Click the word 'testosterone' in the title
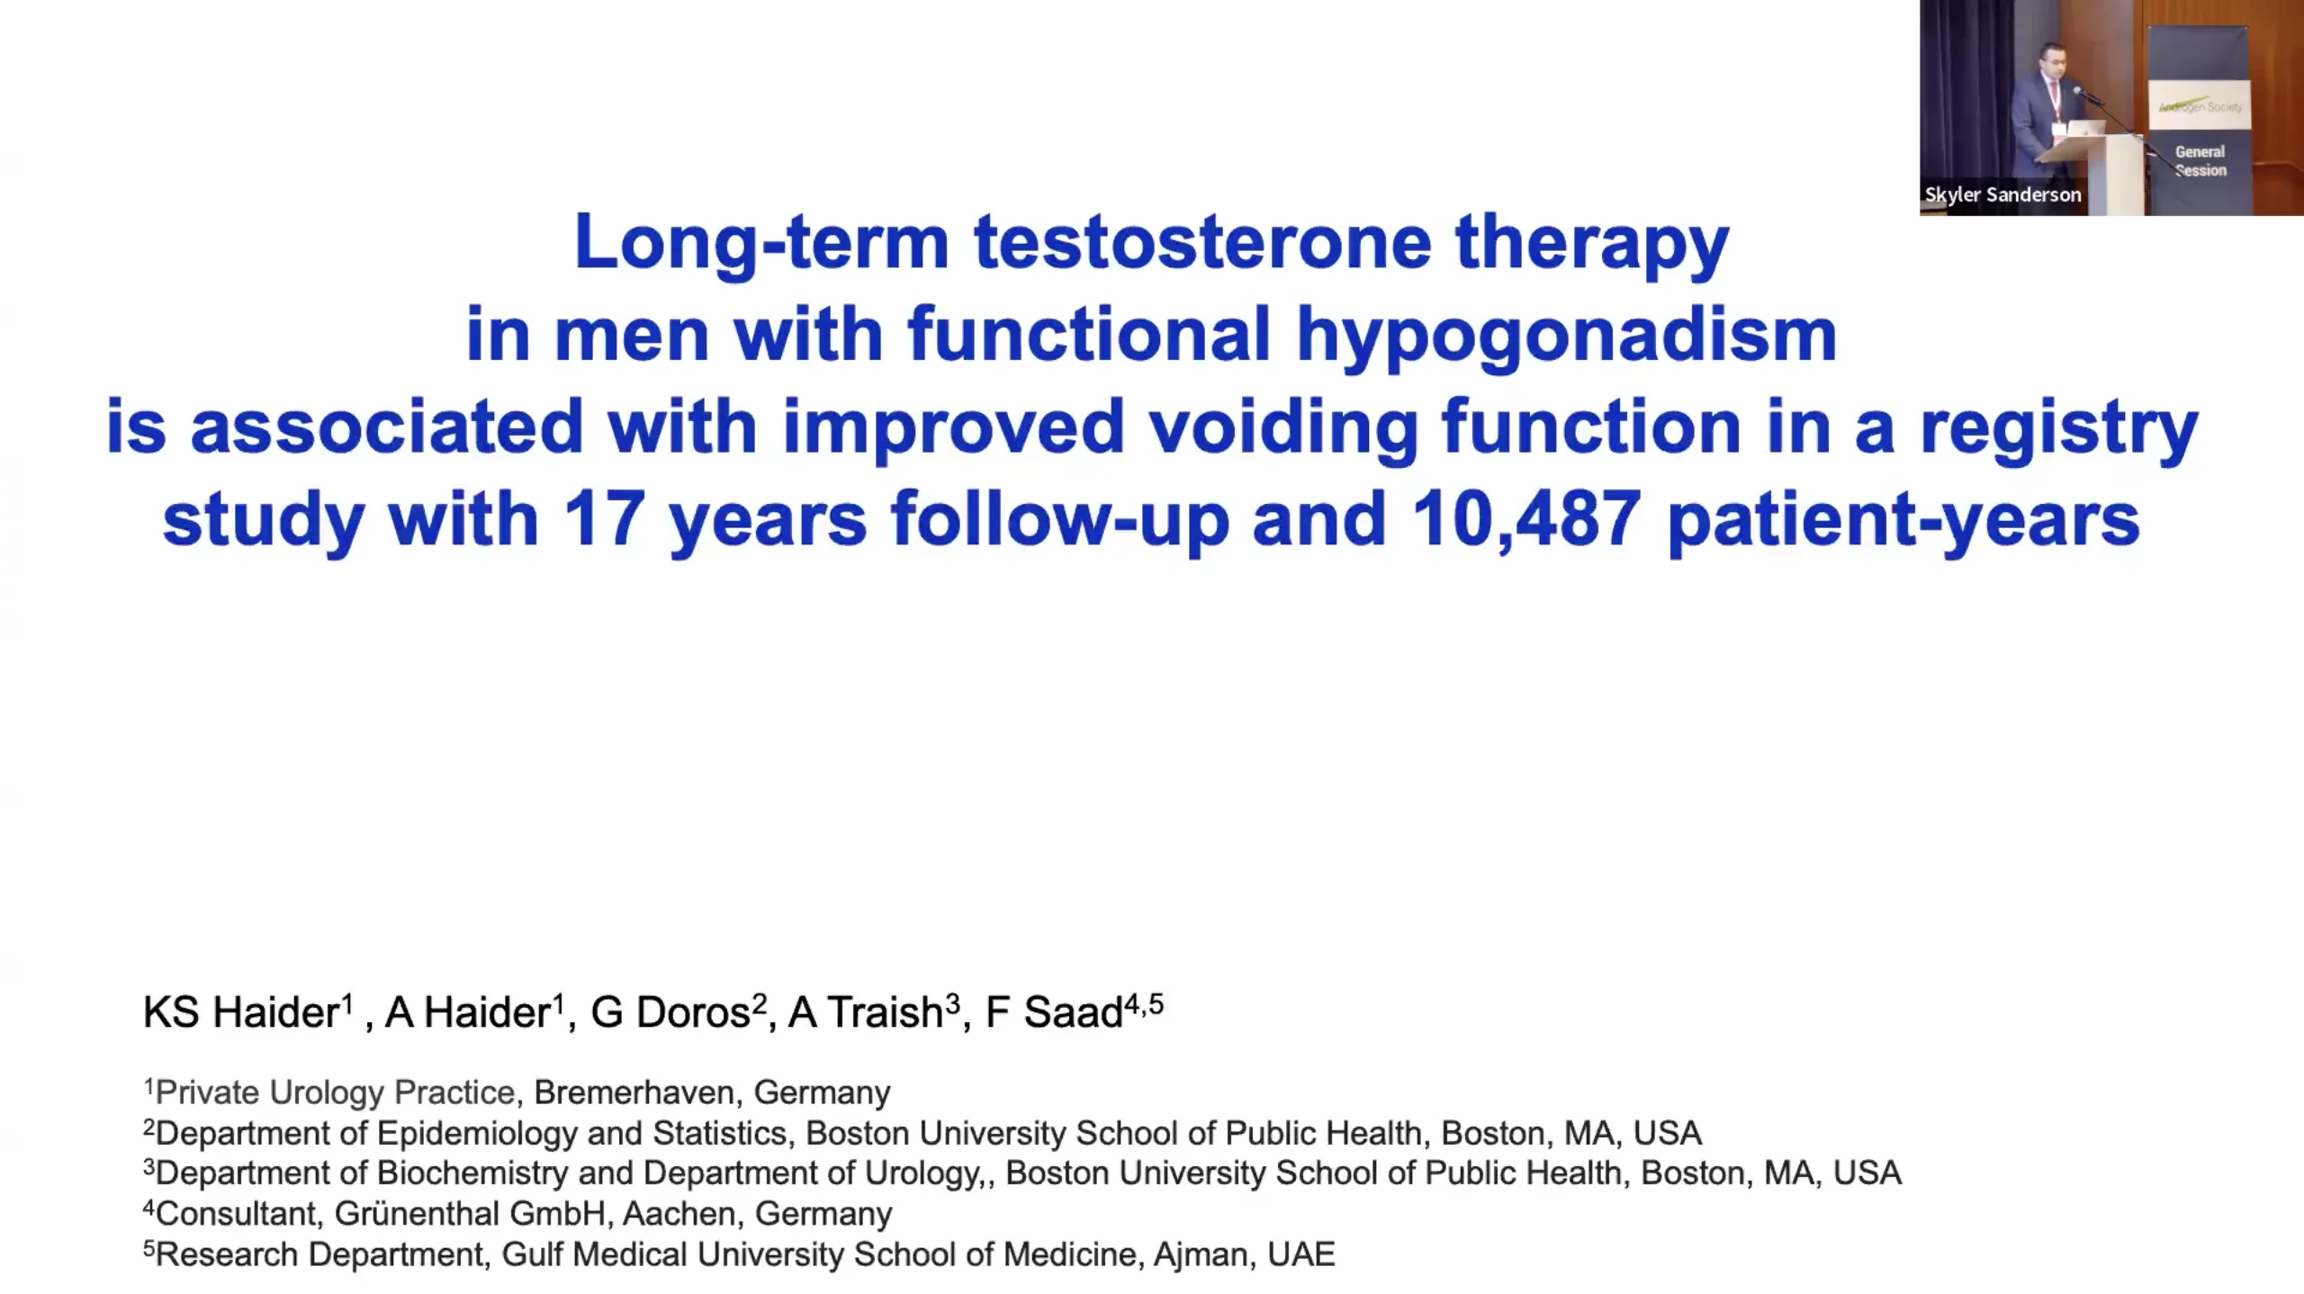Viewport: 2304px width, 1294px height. coord(1202,242)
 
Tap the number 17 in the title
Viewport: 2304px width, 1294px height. coord(602,519)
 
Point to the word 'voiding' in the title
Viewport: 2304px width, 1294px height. coord(1283,427)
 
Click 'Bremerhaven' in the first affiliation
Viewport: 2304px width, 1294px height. coord(634,1092)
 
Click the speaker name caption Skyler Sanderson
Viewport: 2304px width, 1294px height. coord(2002,194)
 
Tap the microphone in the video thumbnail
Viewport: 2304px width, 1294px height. coord(2086,94)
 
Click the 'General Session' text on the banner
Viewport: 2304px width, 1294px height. coord(2200,161)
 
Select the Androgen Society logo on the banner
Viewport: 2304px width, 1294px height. coord(2200,106)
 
